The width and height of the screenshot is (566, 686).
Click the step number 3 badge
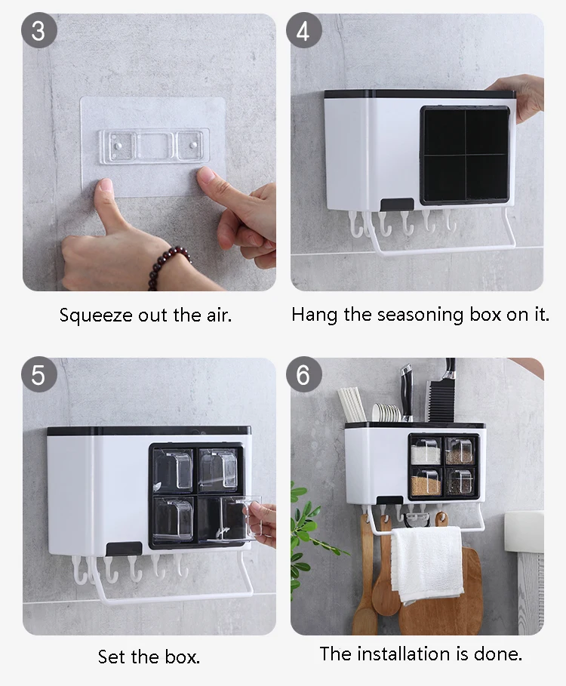[39, 30]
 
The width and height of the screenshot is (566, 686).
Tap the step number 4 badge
[303, 30]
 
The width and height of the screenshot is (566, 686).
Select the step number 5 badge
[39, 374]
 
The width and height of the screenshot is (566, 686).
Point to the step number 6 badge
[303, 374]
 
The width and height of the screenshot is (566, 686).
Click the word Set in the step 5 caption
[112, 657]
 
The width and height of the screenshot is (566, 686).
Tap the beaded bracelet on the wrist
[167, 266]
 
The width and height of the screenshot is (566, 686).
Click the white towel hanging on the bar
[426, 564]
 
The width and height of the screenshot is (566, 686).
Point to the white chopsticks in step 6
[352, 404]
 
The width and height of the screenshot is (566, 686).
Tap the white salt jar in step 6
[426, 451]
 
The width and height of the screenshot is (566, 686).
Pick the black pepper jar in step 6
[460, 482]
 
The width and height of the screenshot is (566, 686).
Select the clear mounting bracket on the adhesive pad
[154, 146]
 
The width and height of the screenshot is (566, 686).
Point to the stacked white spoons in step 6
[386, 413]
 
